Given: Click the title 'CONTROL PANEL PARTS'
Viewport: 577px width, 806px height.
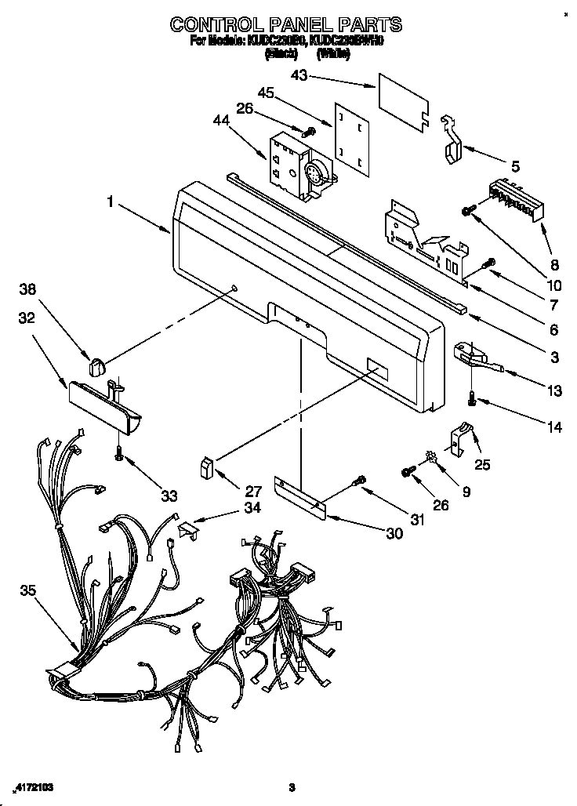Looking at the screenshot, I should coord(288,24).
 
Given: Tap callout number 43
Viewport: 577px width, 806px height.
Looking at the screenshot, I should coord(299,75).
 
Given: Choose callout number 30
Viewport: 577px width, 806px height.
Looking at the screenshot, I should coord(394,533).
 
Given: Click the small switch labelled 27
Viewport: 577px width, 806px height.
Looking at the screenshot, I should coord(207,468).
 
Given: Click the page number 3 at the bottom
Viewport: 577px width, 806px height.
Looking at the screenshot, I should coord(291,786).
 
